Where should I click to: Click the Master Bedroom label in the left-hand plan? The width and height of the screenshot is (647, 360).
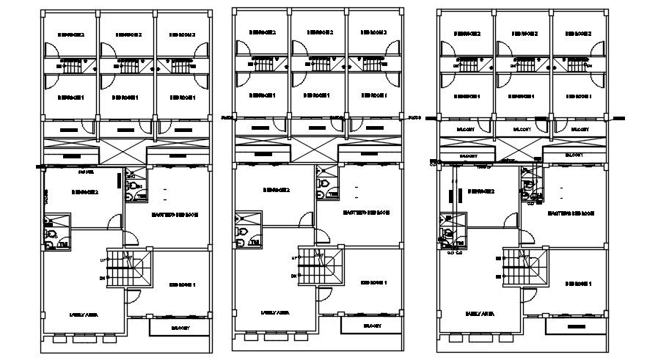[173, 215]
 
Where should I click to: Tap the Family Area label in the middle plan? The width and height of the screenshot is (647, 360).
[274, 313]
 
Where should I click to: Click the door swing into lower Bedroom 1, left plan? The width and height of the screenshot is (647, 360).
[134, 296]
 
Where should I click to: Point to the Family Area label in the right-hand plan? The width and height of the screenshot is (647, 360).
[478, 313]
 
